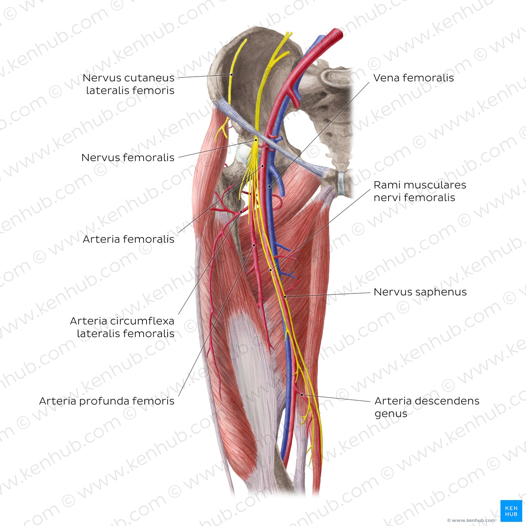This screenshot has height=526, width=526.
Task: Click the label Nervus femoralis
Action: click(128, 157)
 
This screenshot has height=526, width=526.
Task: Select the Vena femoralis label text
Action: click(414, 78)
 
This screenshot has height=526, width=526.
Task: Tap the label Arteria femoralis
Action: click(128, 239)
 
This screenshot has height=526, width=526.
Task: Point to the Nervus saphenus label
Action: click(420, 292)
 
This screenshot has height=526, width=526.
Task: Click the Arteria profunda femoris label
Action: click(107, 401)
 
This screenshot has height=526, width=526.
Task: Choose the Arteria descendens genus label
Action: click(427, 407)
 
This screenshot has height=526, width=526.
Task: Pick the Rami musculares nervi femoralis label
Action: click(420, 191)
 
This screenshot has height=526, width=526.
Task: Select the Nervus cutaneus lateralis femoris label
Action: click(128, 84)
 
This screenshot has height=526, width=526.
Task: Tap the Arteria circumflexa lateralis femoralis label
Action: click(122, 327)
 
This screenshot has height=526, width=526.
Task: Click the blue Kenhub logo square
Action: click(511, 511)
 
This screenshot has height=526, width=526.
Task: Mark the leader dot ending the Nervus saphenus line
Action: click(285, 296)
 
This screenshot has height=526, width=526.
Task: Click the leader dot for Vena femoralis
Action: click(269, 187)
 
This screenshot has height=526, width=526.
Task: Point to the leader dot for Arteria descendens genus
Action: click(302, 395)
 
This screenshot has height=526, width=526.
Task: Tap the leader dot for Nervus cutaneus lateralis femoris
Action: click(231, 74)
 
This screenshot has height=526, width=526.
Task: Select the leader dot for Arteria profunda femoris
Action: click(254, 245)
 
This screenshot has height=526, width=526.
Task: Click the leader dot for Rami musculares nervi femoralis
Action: click(271, 270)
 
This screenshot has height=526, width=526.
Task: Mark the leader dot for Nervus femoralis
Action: click(256, 140)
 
